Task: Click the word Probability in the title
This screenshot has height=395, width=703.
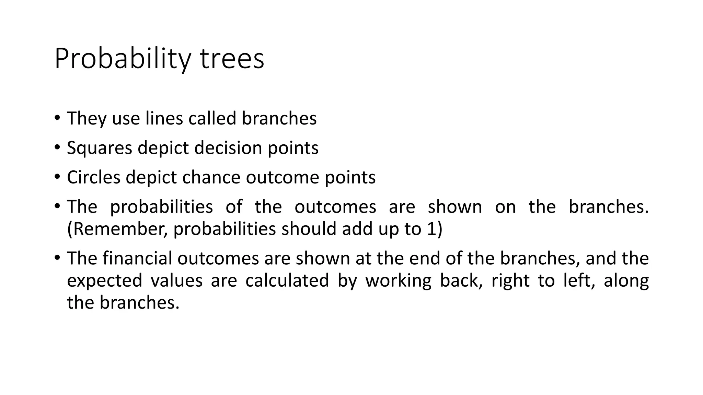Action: pos(122,59)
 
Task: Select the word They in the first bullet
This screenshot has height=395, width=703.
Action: pos(87,119)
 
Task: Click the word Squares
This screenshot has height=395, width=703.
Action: pos(100,148)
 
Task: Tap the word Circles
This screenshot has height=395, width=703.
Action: pos(94,178)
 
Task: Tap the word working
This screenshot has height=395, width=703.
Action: pos(398,280)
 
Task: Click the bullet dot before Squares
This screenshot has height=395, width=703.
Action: pos(57,147)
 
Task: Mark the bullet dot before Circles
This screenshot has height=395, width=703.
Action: pos(57,177)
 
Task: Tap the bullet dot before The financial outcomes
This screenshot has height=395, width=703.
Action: pos(57,258)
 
